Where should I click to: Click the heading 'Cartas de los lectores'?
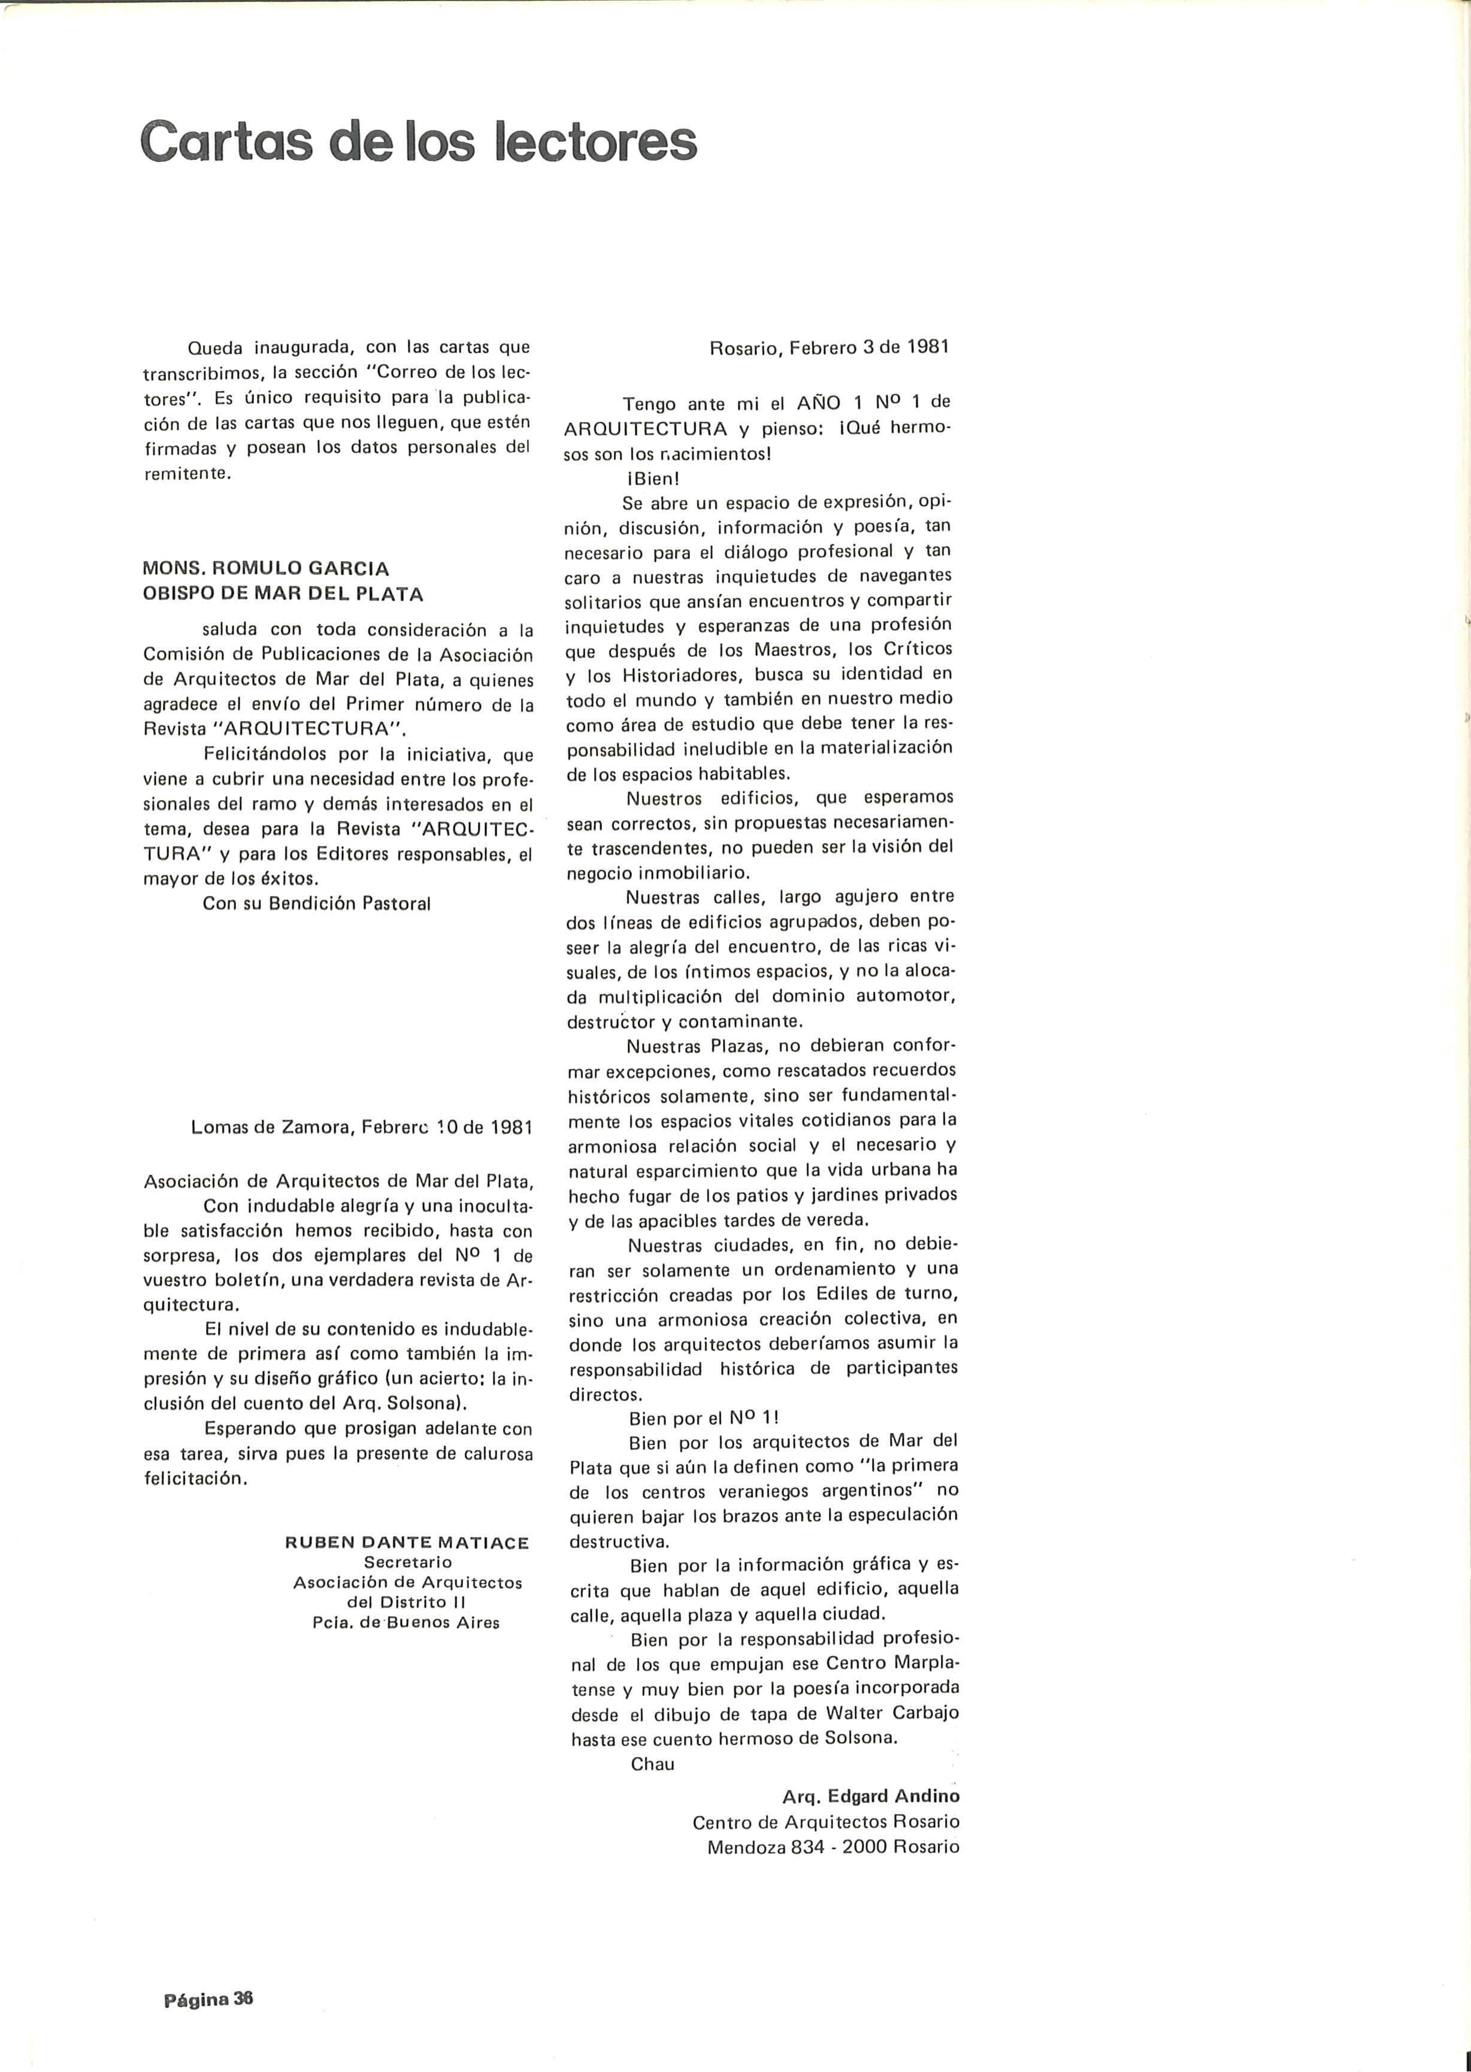(x=419, y=141)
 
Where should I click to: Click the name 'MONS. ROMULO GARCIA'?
(x=267, y=569)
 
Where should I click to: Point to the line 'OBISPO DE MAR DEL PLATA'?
(x=283, y=594)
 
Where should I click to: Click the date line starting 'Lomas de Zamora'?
(x=361, y=1128)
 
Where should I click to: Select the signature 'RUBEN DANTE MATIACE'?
(x=407, y=1542)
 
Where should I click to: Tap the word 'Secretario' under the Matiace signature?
(x=408, y=1562)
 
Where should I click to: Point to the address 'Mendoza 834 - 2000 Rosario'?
(x=833, y=1846)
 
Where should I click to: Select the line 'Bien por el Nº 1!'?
(x=704, y=1420)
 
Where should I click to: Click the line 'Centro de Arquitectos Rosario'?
(x=825, y=1821)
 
